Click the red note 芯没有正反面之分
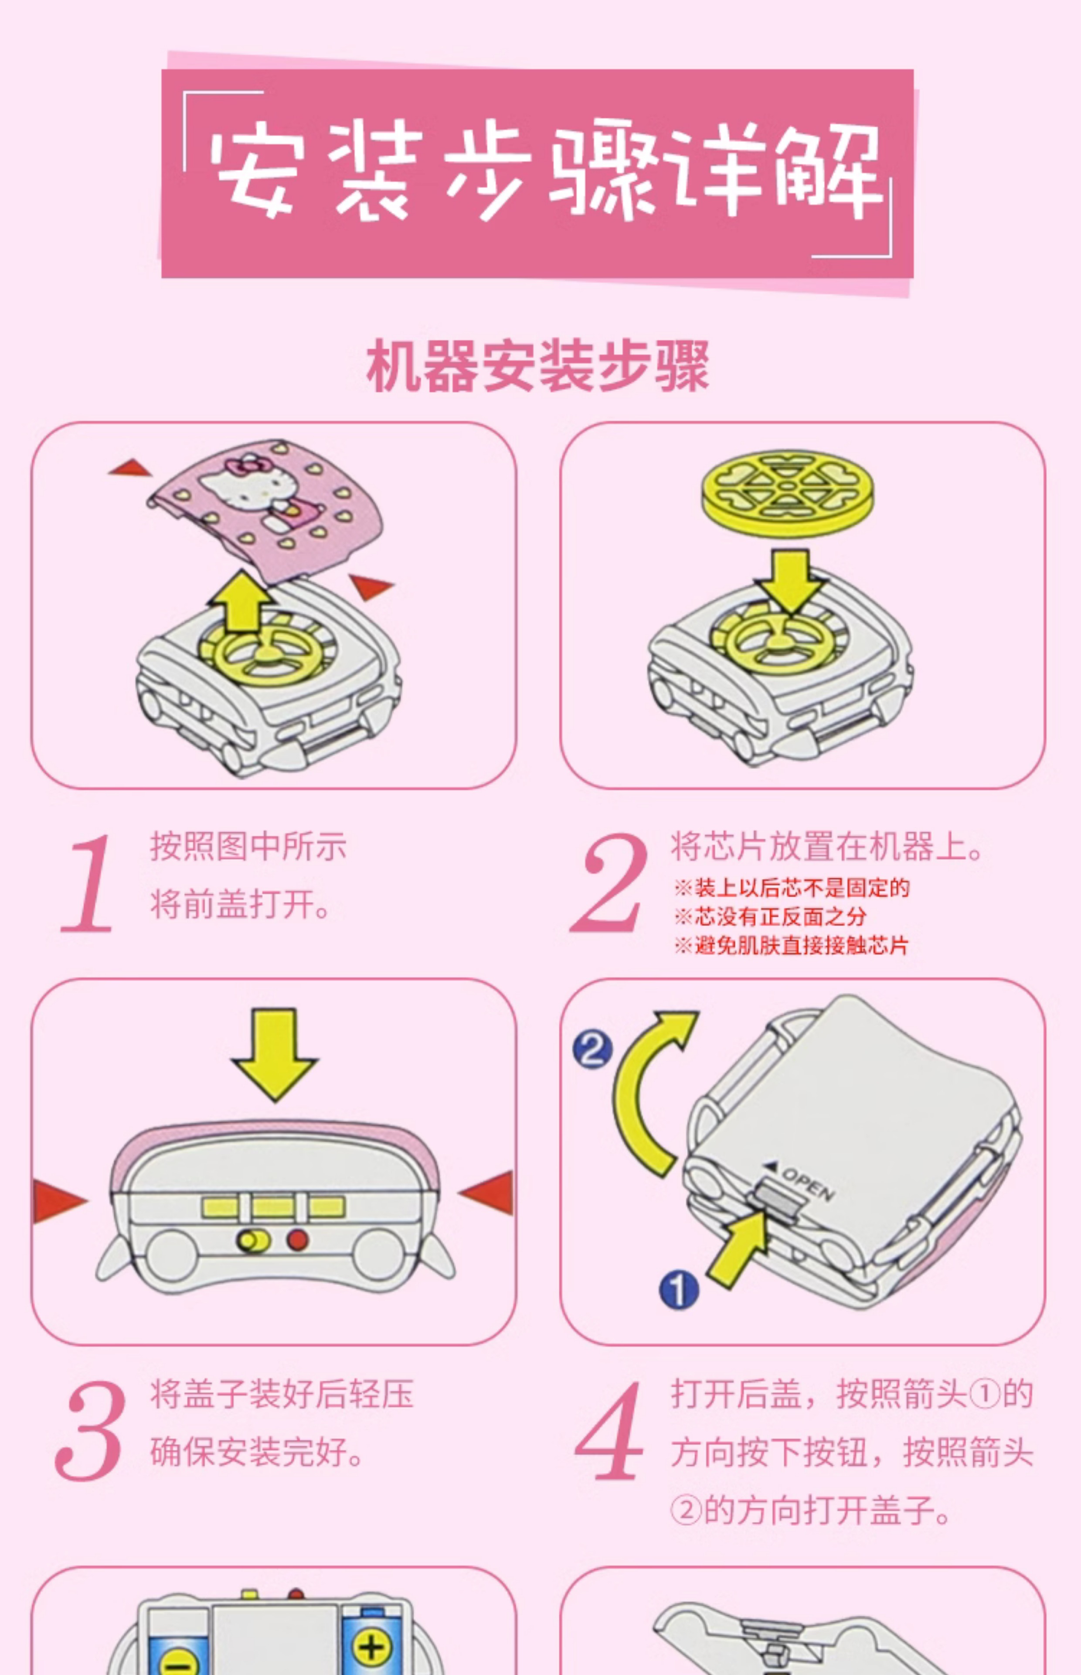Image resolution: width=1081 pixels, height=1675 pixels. click(770, 916)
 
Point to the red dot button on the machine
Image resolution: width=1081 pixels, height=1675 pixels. click(298, 1240)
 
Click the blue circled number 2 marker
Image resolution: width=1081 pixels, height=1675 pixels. click(592, 1050)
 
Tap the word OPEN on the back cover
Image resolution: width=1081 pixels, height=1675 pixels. click(807, 1184)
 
